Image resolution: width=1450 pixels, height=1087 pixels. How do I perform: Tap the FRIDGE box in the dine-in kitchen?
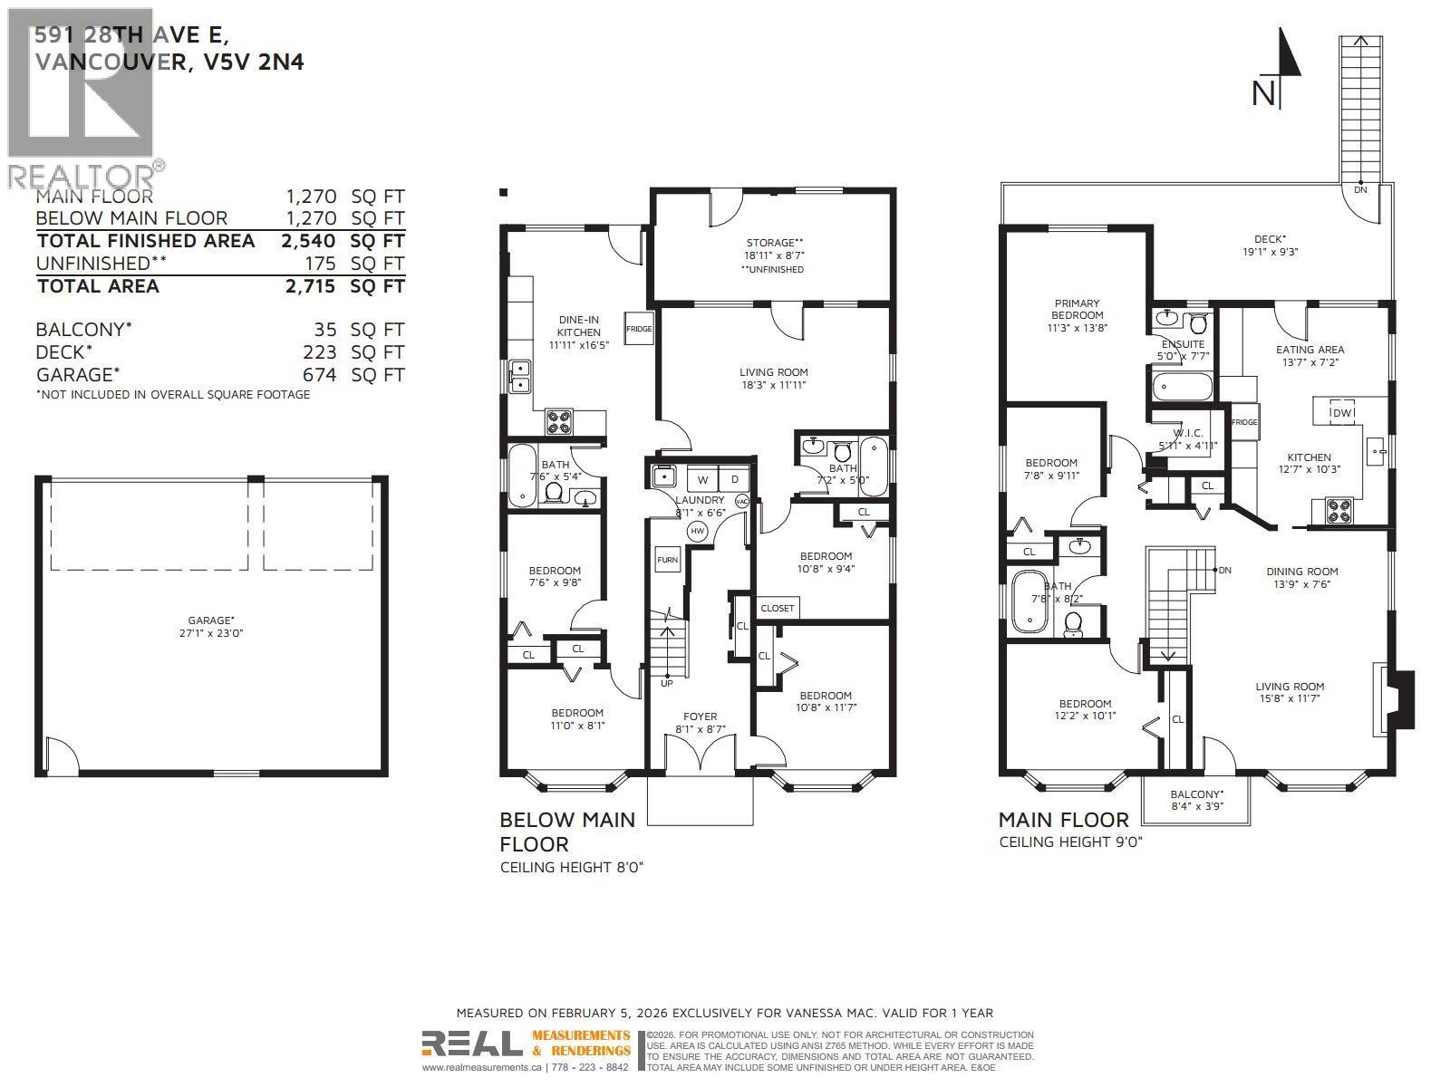639,329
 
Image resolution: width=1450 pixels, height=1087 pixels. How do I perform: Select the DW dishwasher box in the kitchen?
1341,413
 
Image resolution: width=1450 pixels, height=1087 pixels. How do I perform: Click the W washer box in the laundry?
702,479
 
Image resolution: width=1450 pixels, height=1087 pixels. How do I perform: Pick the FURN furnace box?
667,560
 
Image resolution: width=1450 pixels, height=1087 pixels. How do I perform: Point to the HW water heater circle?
697,531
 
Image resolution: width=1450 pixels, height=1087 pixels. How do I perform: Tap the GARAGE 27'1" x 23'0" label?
211,627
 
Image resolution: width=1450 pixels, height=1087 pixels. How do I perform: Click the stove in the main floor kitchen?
1339,512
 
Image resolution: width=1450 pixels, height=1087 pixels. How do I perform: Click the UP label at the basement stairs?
667,683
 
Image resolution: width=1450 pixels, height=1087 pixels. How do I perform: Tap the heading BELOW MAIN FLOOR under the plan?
567,832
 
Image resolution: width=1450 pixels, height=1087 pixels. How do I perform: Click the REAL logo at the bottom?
471,1044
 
